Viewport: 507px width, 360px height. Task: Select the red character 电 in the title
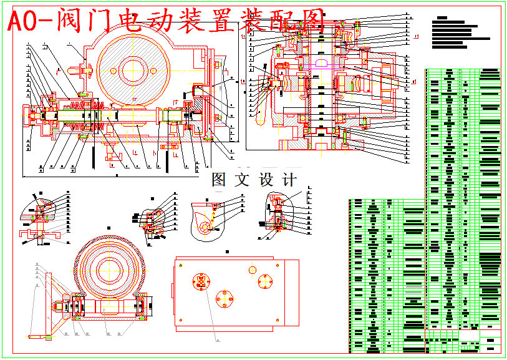click(128, 22)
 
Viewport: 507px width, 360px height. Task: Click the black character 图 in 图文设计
click(219, 180)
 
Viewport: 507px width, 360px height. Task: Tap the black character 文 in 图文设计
click(241, 180)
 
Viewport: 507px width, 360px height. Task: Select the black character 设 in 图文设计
click(266, 180)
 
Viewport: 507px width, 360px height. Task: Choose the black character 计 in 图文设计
click(289, 180)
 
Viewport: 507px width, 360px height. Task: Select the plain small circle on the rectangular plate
click(253, 269)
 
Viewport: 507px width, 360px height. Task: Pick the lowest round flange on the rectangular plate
click(225, 297)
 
